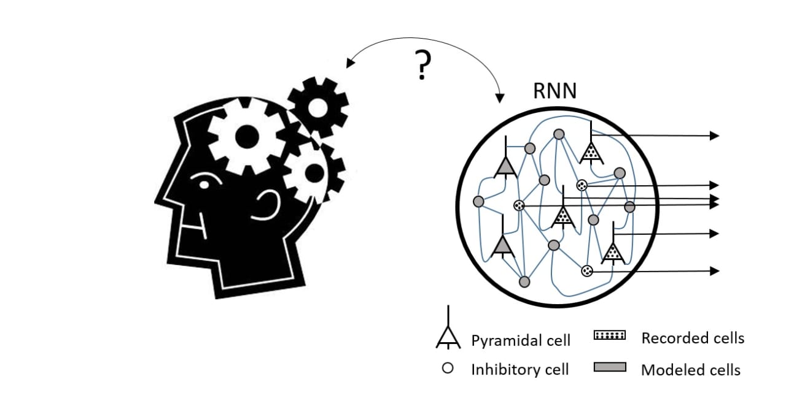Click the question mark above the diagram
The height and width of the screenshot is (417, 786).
422,65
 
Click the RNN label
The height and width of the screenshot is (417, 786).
554,91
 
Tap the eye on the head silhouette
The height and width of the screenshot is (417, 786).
204,184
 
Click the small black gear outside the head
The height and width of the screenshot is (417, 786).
318,107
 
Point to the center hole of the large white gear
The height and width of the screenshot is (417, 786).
247,137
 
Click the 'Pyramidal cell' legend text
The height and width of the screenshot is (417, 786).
521,340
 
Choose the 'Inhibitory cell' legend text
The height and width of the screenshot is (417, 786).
519,370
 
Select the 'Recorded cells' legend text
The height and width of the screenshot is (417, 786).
693,338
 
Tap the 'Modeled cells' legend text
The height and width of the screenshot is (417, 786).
691,370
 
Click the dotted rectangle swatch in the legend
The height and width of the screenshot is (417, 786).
610,335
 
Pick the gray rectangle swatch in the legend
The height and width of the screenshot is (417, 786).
610,367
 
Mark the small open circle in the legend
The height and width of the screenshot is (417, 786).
448,369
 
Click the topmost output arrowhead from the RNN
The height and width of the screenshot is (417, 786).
714,136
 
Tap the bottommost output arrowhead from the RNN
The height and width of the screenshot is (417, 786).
714,271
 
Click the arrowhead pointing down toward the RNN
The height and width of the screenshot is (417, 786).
500,99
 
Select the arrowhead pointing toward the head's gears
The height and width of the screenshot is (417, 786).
350,63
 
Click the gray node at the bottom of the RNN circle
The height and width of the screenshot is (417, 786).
524,281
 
